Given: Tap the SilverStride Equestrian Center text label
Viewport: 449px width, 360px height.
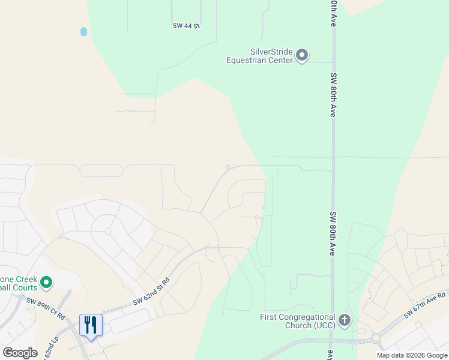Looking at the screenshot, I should point(259,56).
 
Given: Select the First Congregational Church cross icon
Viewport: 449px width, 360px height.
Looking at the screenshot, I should point(345,320).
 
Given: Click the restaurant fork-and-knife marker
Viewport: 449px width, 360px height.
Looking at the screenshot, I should point(91,325).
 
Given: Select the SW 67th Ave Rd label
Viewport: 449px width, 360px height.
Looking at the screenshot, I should point(424,304).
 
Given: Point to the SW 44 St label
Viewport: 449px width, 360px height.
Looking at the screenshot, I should point(185,25).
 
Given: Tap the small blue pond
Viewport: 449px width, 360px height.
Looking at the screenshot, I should point(83,31).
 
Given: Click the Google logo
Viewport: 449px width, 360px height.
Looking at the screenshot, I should point(20,353).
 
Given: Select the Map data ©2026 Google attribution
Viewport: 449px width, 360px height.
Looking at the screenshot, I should point(412,355).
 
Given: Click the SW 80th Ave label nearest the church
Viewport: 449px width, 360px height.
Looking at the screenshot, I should point(332,233).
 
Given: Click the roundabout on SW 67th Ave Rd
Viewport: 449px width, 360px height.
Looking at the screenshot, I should point(377,338).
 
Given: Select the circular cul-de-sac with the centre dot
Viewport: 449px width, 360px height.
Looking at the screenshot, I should point(107,230).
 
